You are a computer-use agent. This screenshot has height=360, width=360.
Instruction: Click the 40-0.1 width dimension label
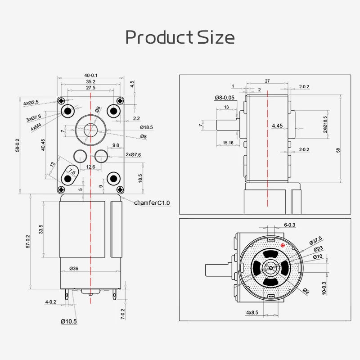[90, 75]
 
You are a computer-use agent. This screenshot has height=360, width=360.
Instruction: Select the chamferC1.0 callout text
[152, 203]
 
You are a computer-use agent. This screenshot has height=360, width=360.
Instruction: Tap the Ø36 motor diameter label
[74, 269]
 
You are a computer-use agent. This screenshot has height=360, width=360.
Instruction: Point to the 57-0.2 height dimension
[27, 241]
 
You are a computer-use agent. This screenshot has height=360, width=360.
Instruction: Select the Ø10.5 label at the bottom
[69, 321]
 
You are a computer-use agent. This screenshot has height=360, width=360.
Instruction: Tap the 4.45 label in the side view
[278, 126]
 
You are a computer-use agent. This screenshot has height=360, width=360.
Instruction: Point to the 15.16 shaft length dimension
[227, 143]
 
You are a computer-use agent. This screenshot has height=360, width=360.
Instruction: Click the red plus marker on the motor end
[283, 245]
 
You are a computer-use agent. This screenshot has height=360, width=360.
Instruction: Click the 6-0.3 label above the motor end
[290, 225]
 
